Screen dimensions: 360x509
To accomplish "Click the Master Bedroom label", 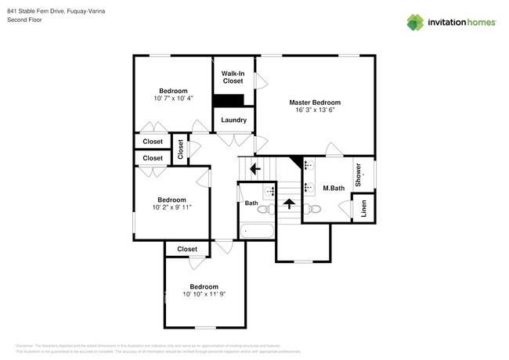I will coord(315,103).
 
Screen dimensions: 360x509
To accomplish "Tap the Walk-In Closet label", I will coord(233,77).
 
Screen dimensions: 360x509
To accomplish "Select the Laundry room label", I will coord(233,120).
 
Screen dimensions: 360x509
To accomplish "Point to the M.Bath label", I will coord(334,188).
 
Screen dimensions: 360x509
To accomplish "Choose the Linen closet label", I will coord(363,209).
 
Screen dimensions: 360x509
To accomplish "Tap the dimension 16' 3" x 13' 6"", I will coord(315,111).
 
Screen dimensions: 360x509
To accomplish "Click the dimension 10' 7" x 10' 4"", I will coord(173,98).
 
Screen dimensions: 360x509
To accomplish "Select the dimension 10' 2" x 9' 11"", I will coord(171,207).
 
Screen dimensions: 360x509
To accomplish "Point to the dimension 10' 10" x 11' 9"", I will coord(204,294).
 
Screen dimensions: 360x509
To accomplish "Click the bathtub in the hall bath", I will coord(257,231).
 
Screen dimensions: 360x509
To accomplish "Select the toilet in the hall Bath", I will coord(264,209).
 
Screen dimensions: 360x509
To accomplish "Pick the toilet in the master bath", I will coord(312,208).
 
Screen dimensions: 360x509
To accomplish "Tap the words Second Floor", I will coord(24,20).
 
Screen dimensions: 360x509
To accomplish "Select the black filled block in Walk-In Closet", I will coord(229,99).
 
